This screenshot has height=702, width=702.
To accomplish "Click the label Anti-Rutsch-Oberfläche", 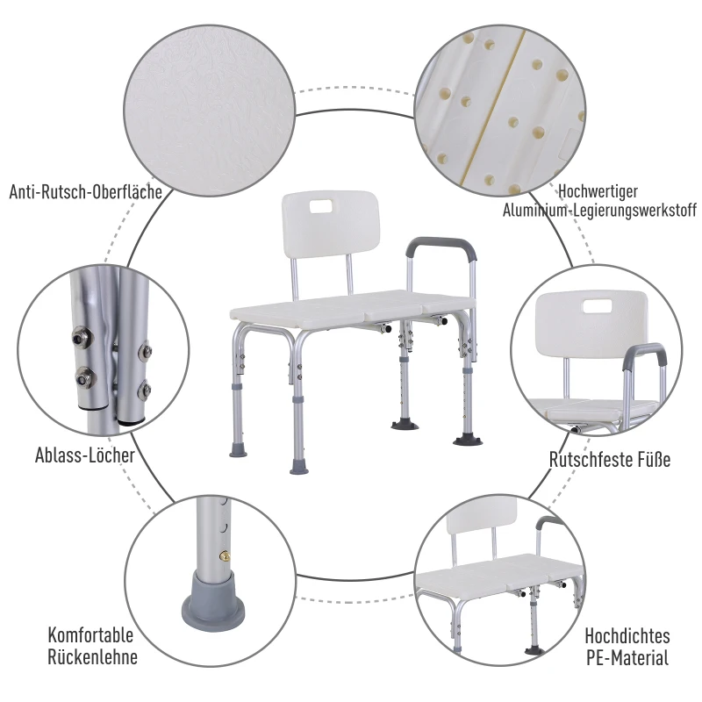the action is tap(85, 192).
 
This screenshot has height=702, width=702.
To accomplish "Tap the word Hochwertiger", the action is tap(598, 191).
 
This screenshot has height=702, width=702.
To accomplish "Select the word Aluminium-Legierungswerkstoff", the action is tap(599, 210).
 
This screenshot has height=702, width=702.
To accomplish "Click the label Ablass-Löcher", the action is tap(85, 455).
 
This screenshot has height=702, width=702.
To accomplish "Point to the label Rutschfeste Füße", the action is tap(610, 459).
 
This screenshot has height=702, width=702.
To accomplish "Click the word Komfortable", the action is tap(90, 634).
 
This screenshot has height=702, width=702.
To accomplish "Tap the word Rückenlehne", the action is tap(92, 656).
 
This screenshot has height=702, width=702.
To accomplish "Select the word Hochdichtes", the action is tap(627, 635).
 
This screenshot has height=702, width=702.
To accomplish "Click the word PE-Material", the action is tap(627, 657).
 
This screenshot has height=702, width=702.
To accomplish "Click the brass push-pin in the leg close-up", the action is tap(226, 556).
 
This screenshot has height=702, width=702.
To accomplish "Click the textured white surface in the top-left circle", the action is tap(209, 111).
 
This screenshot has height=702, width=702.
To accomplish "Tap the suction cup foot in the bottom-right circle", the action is tap(534, 649).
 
